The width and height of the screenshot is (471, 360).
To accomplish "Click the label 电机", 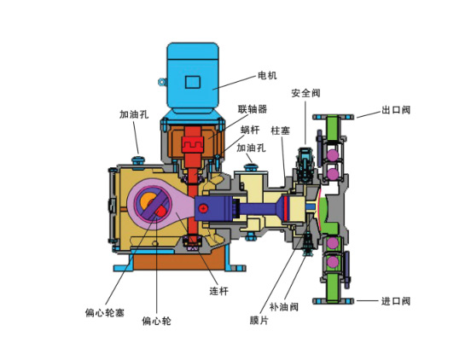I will (267, 76).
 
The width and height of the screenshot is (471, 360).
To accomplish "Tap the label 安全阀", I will (305, 93).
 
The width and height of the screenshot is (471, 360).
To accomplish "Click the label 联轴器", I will (253, 109).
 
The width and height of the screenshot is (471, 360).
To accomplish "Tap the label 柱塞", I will (281, 131).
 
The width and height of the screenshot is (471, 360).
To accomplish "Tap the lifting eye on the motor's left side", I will (160, 82).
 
